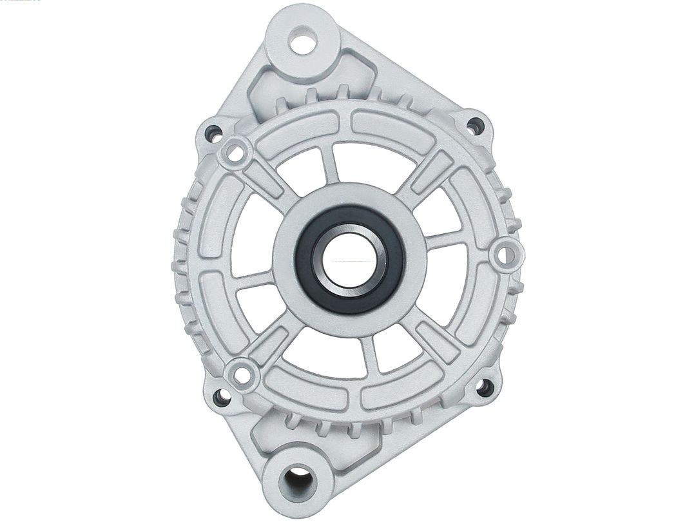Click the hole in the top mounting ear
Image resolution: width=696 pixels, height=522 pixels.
(303, 44)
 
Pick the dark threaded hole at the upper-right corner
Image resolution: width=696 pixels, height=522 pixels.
(475, 126)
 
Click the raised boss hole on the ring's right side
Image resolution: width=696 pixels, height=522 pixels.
(506, 255)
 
